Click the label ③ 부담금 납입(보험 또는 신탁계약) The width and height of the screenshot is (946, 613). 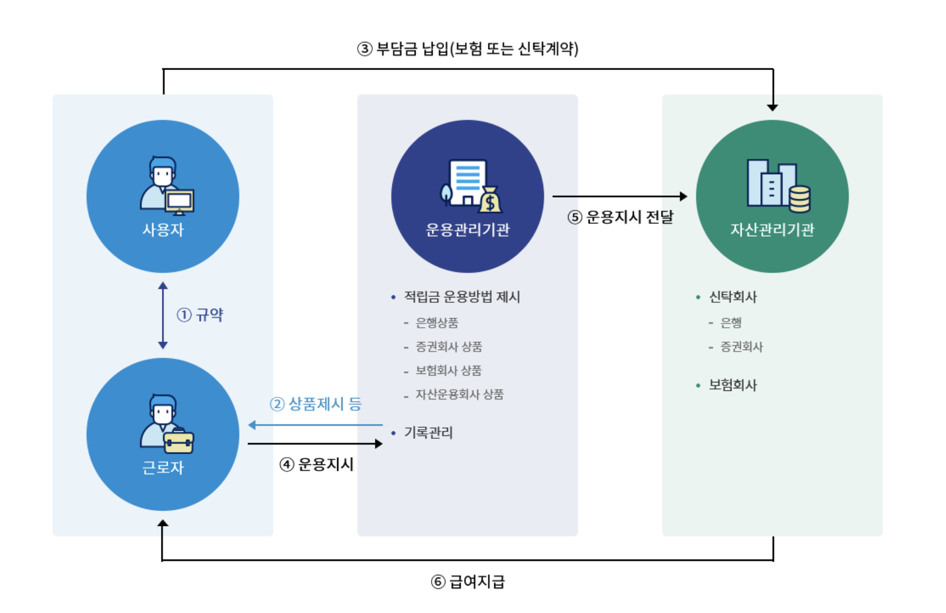click(468, 49)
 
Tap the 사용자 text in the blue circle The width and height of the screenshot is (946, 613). click(163, 229)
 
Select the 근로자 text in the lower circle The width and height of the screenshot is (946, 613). click(163, 467)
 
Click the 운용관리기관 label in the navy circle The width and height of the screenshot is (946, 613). click(468, 229)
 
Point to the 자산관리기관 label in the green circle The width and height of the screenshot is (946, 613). click(772, 229)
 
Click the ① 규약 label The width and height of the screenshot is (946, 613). click(200, 315)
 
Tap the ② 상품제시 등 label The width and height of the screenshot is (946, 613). click(316, 404)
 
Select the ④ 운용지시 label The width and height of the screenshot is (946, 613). click(316, 465)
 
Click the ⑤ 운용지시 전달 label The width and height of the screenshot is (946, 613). click(620, 217)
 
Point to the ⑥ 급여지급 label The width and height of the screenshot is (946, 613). click(468, 582)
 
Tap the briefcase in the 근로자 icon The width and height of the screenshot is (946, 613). click(179, 441)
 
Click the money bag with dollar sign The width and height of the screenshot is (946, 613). click(490, 200)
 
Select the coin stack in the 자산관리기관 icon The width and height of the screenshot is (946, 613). click(799, 199)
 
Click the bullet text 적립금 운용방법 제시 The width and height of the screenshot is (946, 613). click(462, 297)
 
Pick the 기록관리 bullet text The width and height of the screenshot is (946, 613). click(428, 433)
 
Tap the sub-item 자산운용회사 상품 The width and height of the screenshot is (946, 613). click(459, 395)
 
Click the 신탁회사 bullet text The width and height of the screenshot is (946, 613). click(733, 297)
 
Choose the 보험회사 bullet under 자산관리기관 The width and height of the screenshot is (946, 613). click(733, 385)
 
